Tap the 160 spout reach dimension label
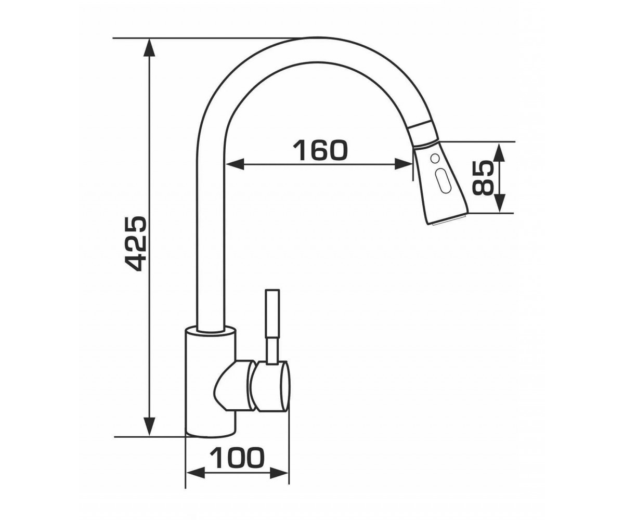[x=320, y=150]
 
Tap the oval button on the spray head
[x=442, y=180]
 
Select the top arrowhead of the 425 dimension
[x=149, y=48]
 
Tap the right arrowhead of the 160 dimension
[x=404, y=164]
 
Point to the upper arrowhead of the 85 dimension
[x=499, y=151]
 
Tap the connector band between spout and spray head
[x=424, y=134]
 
